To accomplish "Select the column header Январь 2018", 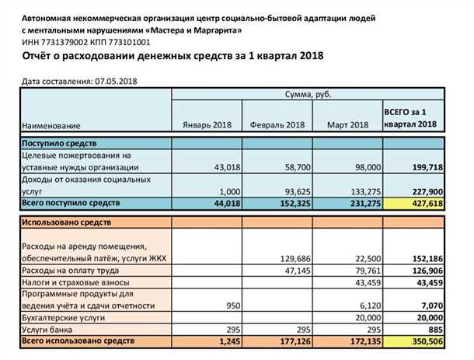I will [x=207, y=124].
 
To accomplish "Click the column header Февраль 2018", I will [x=277, y=124].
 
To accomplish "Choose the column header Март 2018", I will [x=347, y=124].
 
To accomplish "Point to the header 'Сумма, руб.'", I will [x=308, y=94].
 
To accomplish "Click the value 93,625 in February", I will [x=291, y=191].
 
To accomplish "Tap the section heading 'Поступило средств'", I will [x=59, y=144].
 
